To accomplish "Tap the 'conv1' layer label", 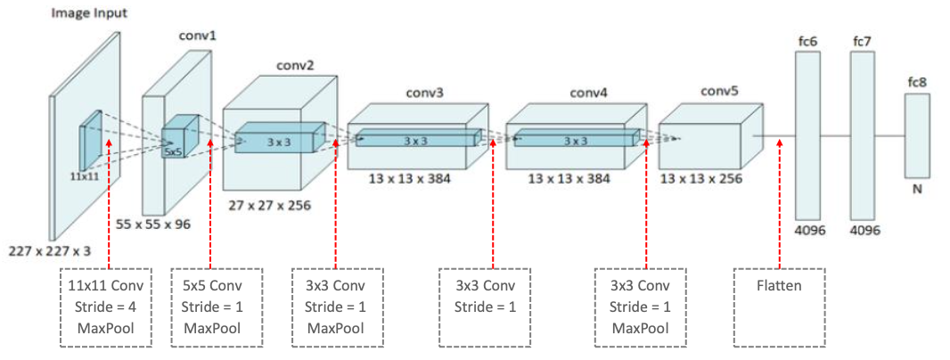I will coord(199,36).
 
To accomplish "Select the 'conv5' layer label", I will coord(720,91).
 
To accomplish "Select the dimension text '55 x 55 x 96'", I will coord(153,225).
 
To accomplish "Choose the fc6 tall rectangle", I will coord(807,134).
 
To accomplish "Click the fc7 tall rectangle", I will coord(863,134).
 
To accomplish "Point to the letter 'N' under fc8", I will coord(917,191).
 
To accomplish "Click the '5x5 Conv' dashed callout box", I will coord(212,307).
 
